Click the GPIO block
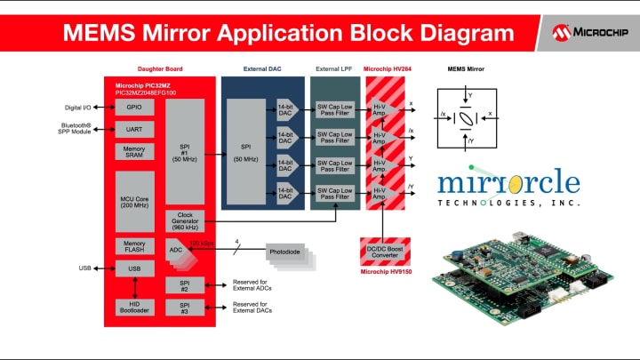pos(135,108)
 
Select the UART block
pos(135,129)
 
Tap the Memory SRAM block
pos(135,152)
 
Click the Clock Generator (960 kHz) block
pos(185,220)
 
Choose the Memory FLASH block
pos(135,246)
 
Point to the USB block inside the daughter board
pos(135,268)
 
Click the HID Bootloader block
pos(135,307)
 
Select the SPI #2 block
pos(185,285)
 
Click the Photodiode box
pos(285,252)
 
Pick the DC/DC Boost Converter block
pos(382,252)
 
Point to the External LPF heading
pos(334,68)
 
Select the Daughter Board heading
pos(160,68)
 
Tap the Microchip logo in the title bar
pos(588,33)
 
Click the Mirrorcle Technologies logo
pos(508,188)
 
